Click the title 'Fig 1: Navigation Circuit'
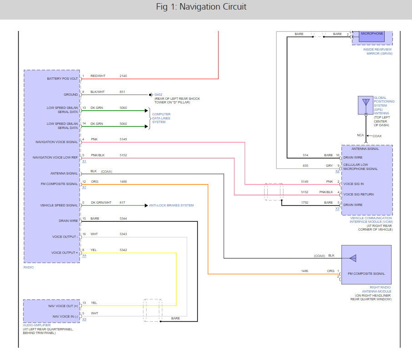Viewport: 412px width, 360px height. tap(201, 6)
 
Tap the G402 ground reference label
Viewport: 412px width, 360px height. tap(158, 95)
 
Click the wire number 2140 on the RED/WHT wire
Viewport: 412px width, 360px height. tap(123, 76)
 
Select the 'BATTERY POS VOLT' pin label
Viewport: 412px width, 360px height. tap(62, 79)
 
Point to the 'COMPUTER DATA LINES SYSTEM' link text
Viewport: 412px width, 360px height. tap(161, 118)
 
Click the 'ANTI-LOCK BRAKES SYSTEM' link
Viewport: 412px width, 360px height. tap(171, 206)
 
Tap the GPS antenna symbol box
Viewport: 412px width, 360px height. tap(366, 105)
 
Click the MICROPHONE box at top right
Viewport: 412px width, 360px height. tap(371, 36)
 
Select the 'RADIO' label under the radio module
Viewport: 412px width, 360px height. tap(29, 267)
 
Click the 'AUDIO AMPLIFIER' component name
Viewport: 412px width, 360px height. tap(37, 325)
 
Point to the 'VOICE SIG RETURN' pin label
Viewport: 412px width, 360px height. tap(358, 195)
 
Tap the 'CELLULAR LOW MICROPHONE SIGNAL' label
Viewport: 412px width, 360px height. tap(360, 167)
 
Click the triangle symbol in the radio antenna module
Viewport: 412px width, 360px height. tap(353, 258)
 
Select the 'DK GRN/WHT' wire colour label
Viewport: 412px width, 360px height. tap(101, 203)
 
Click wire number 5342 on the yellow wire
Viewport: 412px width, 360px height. tap(123, 250)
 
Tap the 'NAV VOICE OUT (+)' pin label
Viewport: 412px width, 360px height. tap(63, 306)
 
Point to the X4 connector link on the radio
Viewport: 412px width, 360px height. tap(84, 256)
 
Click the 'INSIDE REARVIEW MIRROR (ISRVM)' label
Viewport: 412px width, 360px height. tap(378, 51)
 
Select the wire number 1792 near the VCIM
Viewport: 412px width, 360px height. tap(305, 203)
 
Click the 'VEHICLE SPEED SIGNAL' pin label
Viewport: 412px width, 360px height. tap(59, 206)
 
